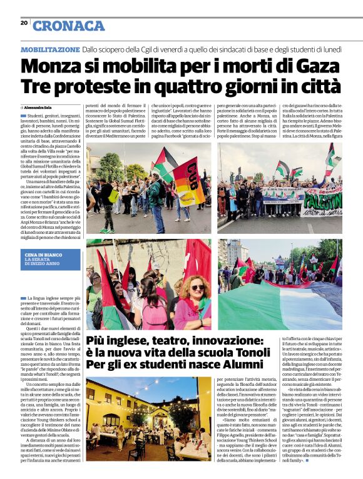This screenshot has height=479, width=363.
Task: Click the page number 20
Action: tap(24, 23)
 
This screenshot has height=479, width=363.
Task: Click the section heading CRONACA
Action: tap(68, 26)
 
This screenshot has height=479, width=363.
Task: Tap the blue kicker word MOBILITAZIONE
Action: tap(50, 49)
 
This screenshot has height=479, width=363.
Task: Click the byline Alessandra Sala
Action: tap(38, 108)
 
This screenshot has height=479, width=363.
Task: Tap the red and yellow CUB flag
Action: tap(188, 181)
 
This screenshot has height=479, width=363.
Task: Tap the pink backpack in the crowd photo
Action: tap(155, 313)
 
